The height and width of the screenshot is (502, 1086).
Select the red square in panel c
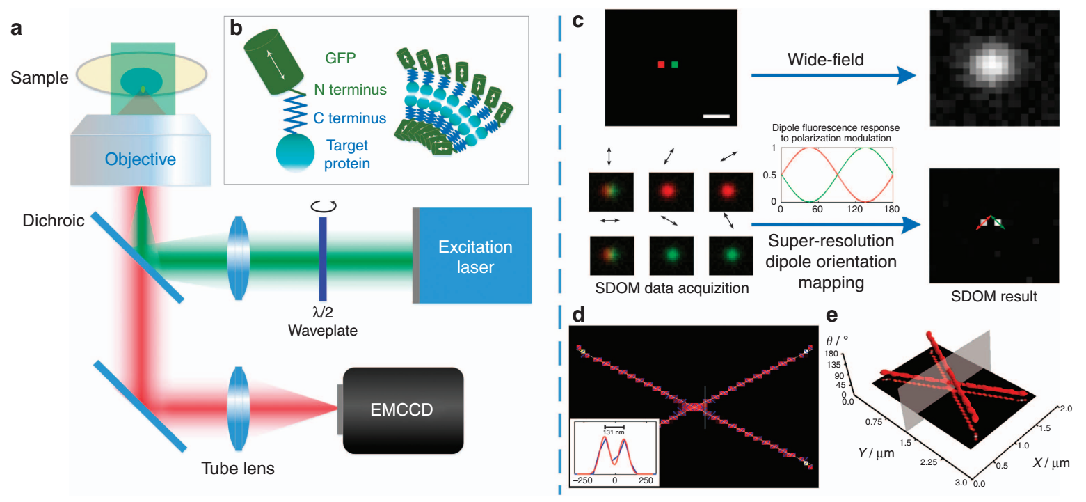coord(660,65)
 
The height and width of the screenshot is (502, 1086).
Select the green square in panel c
coord(675,65)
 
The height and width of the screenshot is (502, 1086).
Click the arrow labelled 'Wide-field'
coord(835,74)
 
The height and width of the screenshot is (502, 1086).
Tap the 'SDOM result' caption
coord(995,296)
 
